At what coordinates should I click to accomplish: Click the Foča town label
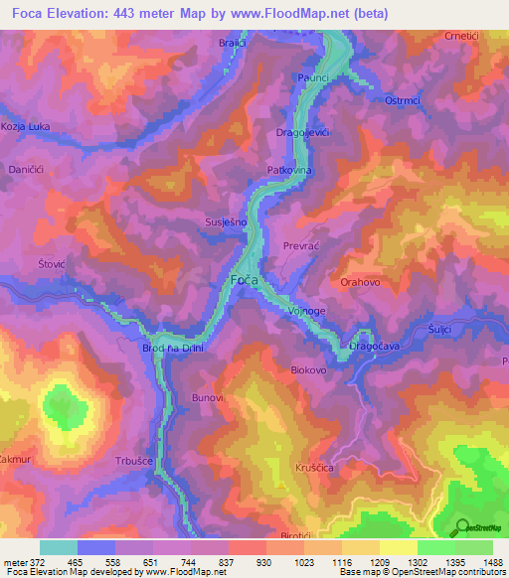pos(245,282)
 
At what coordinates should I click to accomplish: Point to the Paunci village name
pos(312,76)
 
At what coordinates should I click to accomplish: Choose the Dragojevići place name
pos(303,133)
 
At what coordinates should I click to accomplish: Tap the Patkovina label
pos(290,171)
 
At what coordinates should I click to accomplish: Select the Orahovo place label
pos(361,282)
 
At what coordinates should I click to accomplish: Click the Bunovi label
pos(207,397)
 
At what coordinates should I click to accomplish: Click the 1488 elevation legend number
pos(493,563)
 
